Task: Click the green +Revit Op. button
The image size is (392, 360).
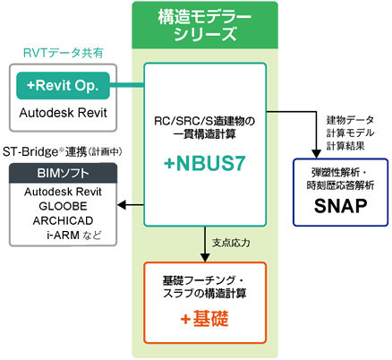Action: tap(63, 86)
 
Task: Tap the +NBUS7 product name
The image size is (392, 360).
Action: tap(205, 164)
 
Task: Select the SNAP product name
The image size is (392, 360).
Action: tap(340, 206)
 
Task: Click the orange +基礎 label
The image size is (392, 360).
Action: tap(205, 319)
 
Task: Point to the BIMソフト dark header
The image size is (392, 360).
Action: tap(63, 173)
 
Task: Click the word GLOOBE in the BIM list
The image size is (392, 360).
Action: tap(63, 206)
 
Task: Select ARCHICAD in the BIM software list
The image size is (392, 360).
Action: tap(63, 220)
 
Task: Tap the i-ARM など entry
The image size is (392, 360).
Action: tap(74, 236)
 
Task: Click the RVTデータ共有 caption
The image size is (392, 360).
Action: tap(64, 53)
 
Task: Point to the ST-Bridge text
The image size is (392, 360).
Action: tap(30, 152)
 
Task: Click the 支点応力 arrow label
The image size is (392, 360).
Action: tap(231, 243)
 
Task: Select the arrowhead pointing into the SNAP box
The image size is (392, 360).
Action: tap(316, 154)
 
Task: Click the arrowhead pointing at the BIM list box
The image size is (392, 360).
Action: tap(122, 205)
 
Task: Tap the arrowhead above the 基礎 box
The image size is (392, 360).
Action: tap(205, 258)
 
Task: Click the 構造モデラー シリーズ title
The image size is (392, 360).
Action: tap(205, 25)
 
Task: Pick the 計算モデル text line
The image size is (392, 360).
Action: tap(350, 133)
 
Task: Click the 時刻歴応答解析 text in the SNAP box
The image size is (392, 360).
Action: tap(340, 185)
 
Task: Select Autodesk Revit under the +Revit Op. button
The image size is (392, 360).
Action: tap(63, 113)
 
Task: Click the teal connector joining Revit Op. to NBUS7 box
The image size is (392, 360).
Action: tap(127, 85)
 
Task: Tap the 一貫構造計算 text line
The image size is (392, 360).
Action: tap(205, 134)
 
